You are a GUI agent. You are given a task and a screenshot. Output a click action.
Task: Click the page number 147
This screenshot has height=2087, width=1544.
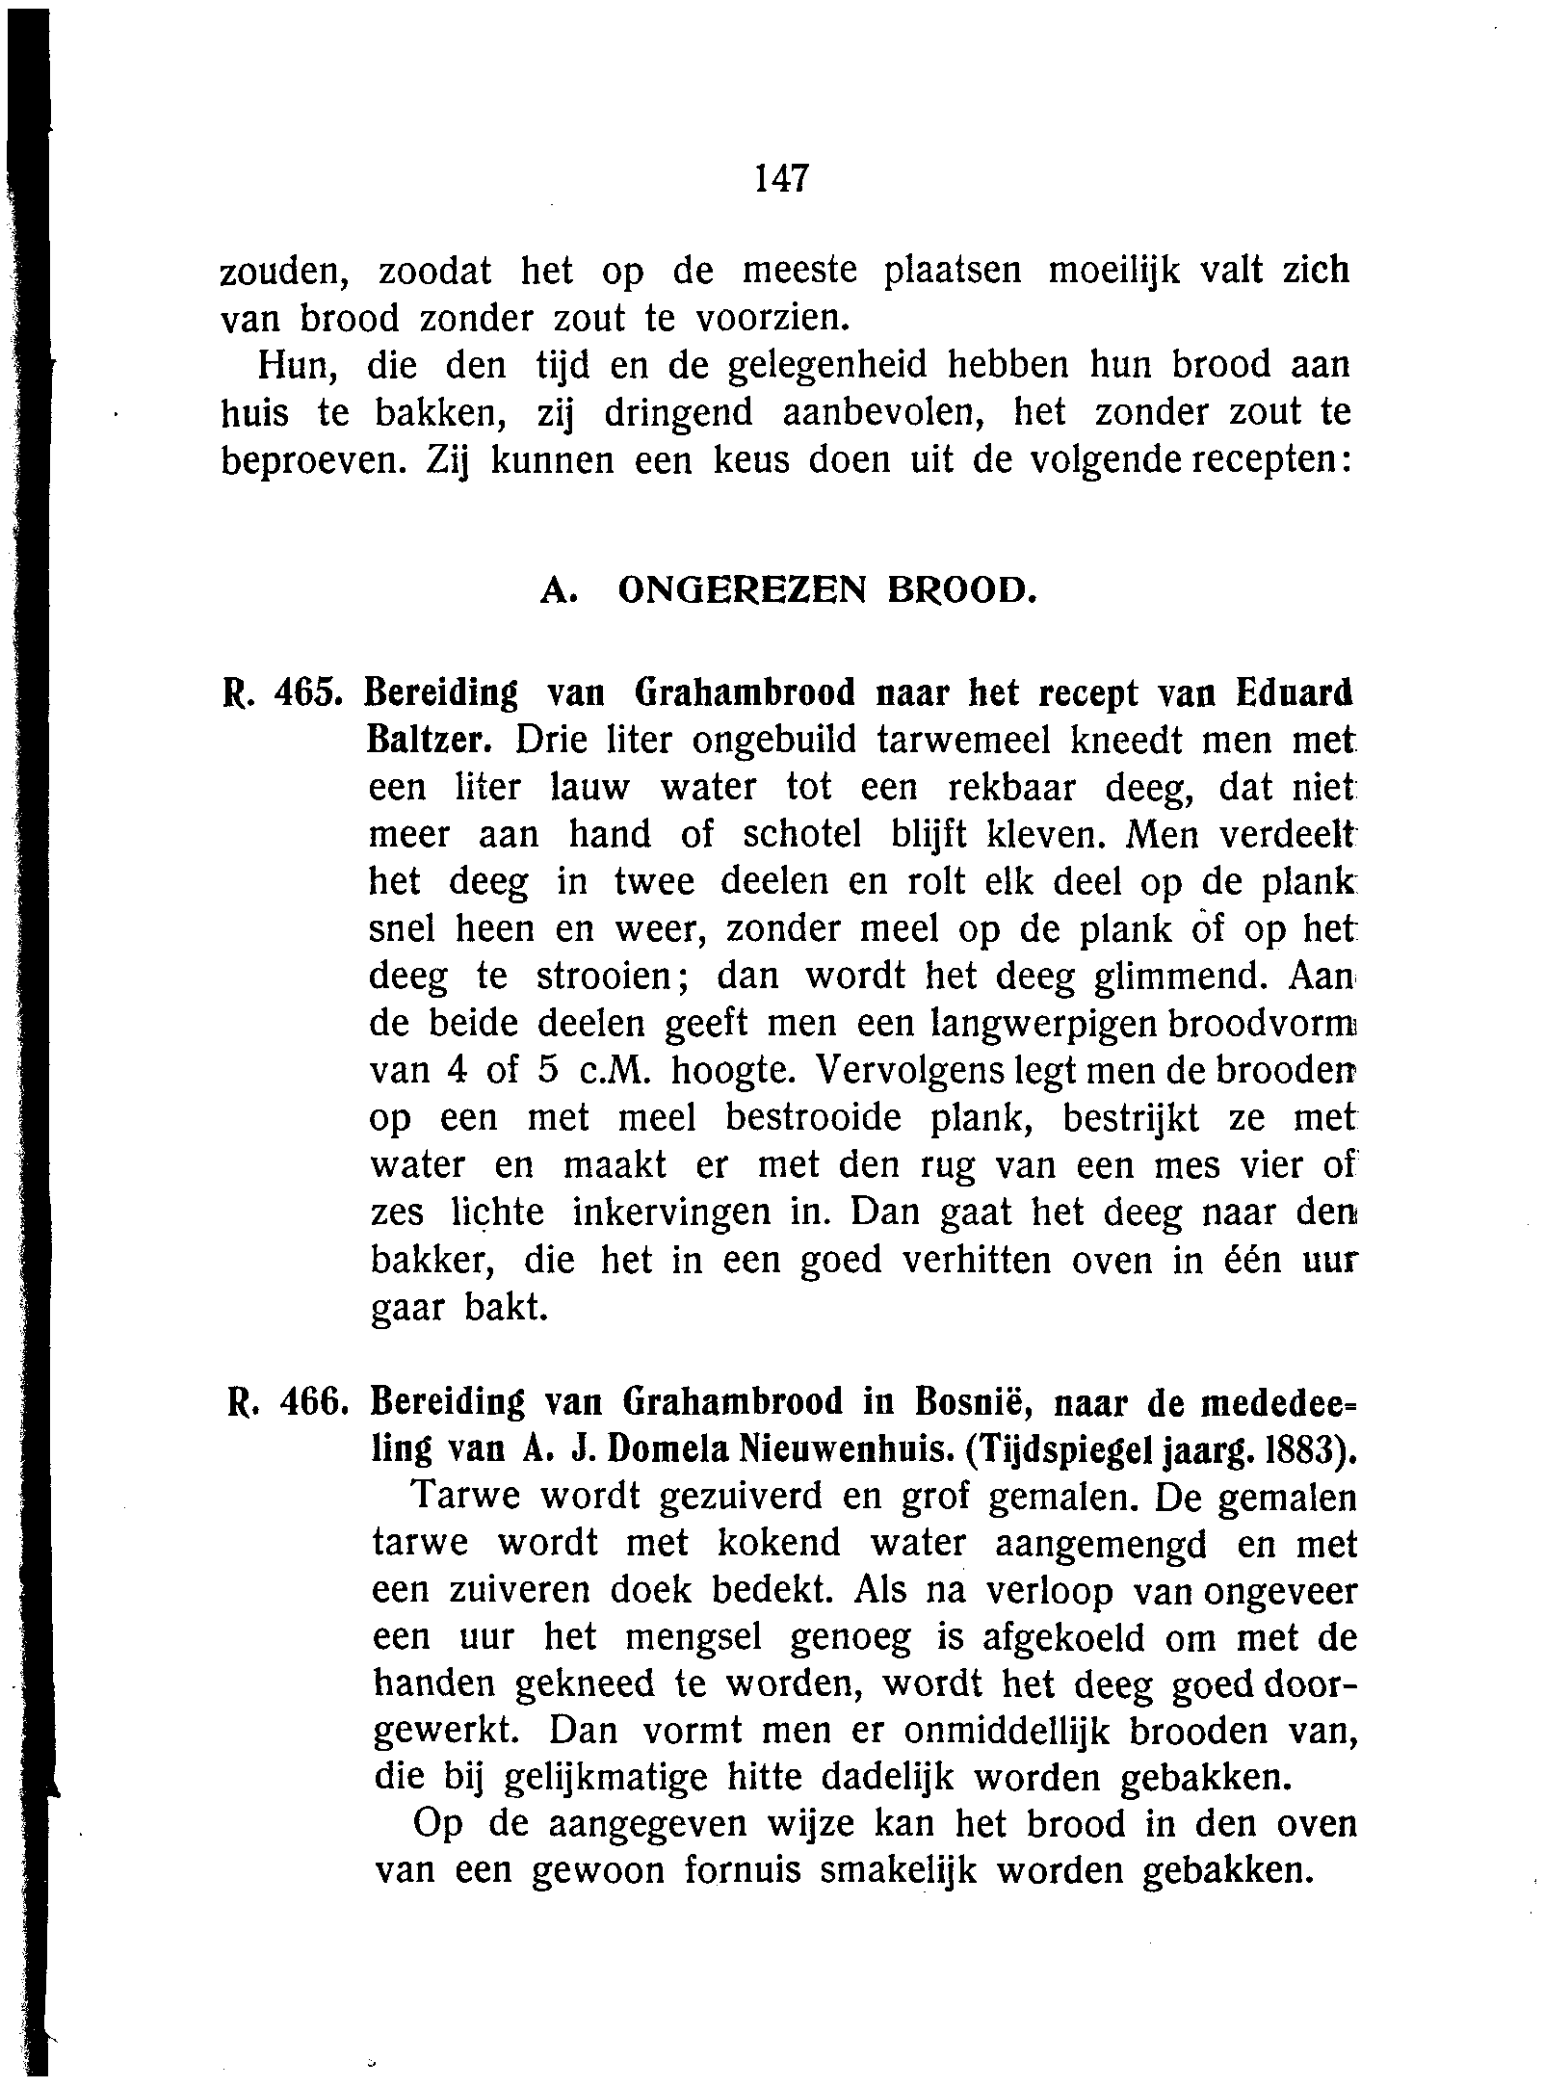tap(781, 178)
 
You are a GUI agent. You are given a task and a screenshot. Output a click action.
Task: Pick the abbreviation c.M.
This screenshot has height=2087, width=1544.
tap(604, 1070)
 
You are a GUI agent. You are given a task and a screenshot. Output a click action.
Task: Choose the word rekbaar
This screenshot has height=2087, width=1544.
tap(1012, 787)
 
